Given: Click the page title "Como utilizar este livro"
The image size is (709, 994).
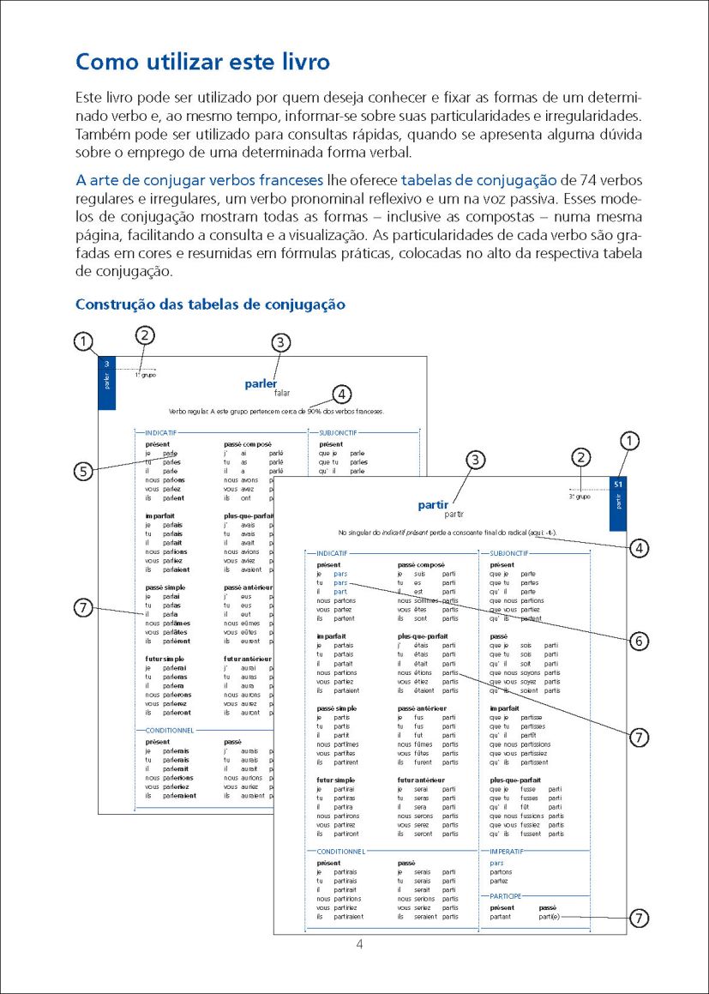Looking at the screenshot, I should pyautogui.click(x=202, y=62).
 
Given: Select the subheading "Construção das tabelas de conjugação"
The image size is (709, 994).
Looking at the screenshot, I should pyautogui.click(x=210, y=304).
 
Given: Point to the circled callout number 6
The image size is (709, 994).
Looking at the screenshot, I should pyautogui.click(x=638, y=639).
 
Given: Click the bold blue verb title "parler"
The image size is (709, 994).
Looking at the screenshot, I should pyautogui.click(x=261, y=383).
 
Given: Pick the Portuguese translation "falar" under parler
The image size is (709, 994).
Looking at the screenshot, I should pyautogui.click(x=283, y=394).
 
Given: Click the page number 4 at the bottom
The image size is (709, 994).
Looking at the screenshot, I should pyautogui.click(x=361, y=943).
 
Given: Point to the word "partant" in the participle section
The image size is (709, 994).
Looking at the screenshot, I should pyautogui.click(x=501, y=917).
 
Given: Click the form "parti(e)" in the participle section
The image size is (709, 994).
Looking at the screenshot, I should pyautogui.click(x=552, y=917).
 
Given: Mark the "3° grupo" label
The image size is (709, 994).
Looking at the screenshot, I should pyautogui.click(x=580, y=496).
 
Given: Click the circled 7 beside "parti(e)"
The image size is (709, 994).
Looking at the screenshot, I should pyautogui.click(x=638, y=918).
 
